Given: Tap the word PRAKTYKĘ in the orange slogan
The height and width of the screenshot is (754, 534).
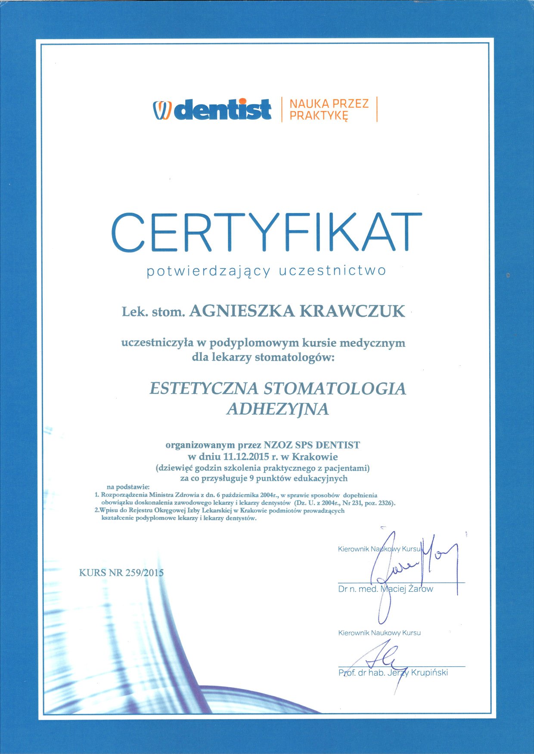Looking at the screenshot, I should click(318, 115).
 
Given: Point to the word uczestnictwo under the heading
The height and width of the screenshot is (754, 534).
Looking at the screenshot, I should click(332, 271).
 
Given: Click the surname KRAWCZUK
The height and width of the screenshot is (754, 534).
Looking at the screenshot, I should click(352, 311).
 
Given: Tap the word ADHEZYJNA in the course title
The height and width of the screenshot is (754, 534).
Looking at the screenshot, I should click(277, 409).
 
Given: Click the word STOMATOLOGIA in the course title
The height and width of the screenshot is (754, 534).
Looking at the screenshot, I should click(334, 389).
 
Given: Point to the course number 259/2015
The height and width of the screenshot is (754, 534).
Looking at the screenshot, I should click(144, 573).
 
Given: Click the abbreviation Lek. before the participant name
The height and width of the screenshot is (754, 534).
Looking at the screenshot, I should click(133, 312).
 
